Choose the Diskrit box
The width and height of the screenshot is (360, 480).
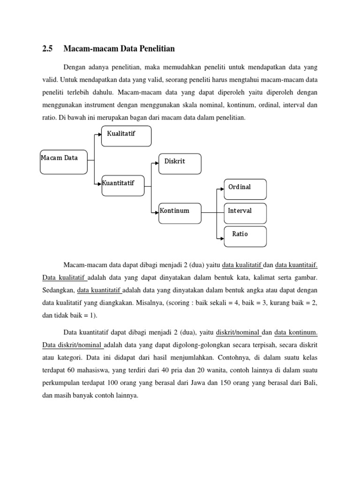pyautogui.click(x=180, y=163)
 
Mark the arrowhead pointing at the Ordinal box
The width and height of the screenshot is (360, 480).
pyautogui.click(x=222, y=189)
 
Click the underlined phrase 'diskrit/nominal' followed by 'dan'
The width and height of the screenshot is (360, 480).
pyautogui.click(x=239, y=332)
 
